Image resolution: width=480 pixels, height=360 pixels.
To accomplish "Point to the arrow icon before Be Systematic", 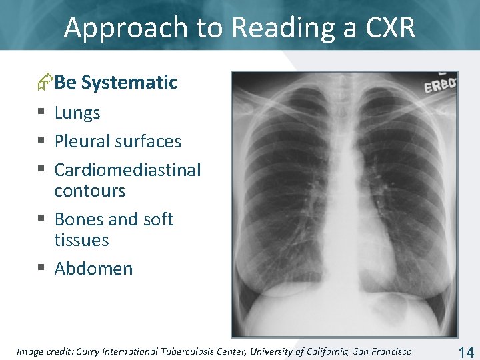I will pos(45,82).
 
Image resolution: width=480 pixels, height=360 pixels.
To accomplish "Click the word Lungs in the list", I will pos(77,113).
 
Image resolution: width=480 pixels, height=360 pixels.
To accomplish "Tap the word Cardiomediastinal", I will pos(127,170).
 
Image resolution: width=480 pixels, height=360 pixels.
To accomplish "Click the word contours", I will pos(89,191).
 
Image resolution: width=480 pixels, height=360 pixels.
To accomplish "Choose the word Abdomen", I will pos(93,269).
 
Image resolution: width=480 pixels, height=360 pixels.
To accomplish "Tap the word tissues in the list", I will pos(81,240).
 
